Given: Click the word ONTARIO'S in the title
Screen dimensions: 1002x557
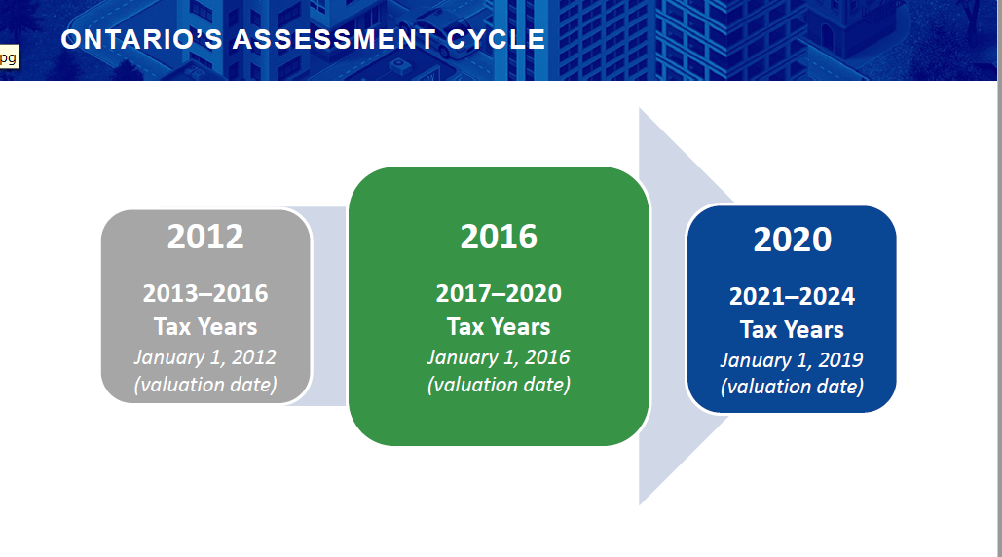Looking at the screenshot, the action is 142,40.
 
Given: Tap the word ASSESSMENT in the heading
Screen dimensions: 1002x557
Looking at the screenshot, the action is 334,40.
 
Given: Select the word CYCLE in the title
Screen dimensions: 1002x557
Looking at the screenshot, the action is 496,40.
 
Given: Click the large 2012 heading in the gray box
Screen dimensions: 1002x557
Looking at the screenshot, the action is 205,237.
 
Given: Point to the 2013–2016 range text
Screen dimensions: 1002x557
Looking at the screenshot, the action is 205,293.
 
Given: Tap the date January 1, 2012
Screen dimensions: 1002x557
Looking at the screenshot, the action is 205,357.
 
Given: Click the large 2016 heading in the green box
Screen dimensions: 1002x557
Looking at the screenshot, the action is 500,237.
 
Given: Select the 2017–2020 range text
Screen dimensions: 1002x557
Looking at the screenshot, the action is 500,293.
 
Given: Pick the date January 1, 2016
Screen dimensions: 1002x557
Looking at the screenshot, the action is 499,357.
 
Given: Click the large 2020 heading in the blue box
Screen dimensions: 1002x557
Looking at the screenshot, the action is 793,240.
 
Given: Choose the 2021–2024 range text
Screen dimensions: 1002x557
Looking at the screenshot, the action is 793,296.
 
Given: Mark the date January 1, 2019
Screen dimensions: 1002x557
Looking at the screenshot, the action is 792,360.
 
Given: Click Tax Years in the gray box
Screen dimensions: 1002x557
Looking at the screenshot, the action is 205,327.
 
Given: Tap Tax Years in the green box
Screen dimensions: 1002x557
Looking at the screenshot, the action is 499,327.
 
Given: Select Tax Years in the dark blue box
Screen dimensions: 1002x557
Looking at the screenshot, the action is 793,329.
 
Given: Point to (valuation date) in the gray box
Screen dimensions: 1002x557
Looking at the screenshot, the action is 205,385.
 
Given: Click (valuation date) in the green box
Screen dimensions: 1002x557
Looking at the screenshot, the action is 500,385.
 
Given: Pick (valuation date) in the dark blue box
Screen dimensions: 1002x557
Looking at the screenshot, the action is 793,387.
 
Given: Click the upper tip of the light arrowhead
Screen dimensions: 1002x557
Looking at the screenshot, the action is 640,108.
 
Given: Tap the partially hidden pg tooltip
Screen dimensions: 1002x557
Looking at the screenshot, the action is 9,56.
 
